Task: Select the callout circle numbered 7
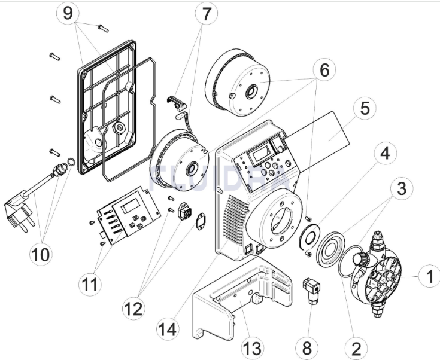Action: (x=207, y=13)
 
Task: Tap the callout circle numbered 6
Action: (x=324, y=69)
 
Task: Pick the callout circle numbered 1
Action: (x=427, y=277)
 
